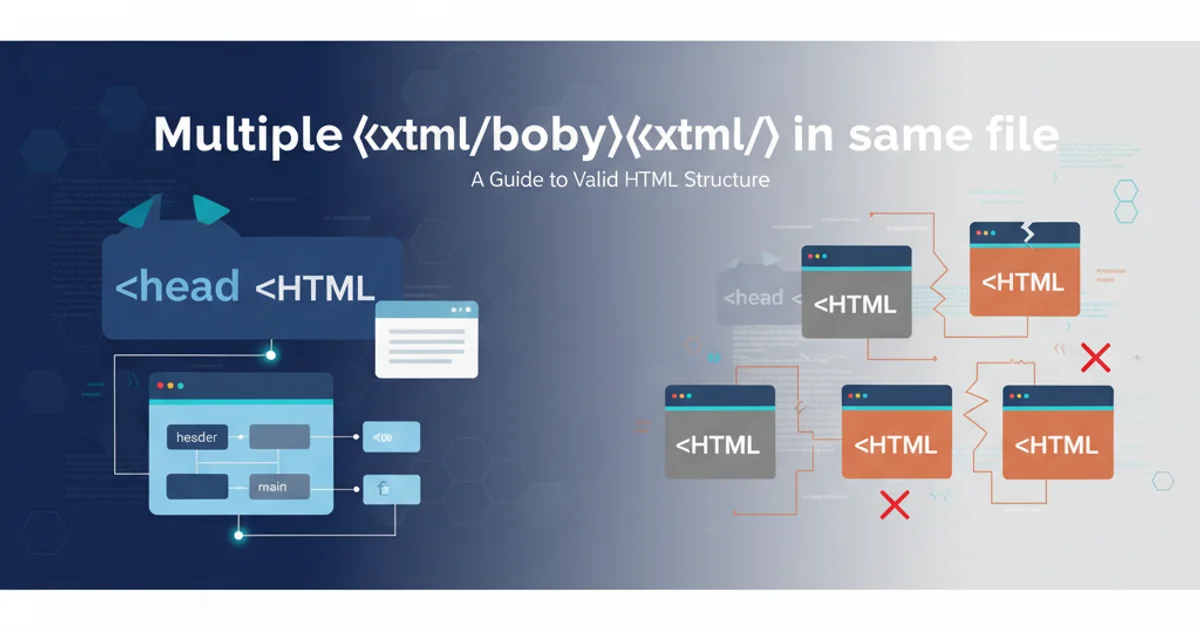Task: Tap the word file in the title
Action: (x=1016, y=134)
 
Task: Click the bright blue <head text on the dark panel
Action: (x=177, y=287)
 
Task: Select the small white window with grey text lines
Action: (x=426, y=339)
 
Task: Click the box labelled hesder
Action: (x=196, y=437)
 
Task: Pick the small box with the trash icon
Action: (x=391, y=489)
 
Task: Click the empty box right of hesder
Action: (x=279, y=437)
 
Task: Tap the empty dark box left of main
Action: (x=197, y=487)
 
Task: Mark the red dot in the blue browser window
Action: (x=159, y=385)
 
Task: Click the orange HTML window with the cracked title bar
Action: (x=1025, y=270)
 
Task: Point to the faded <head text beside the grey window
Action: (x=754, y=297)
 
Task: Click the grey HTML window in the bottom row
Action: (x=720, y=432)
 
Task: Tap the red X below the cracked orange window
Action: (x=1096, y=356)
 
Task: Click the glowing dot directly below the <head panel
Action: (x=270, y=354)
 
